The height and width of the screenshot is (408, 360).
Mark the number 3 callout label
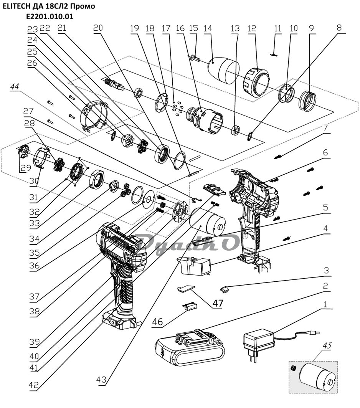325,271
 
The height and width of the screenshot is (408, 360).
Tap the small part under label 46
190,306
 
